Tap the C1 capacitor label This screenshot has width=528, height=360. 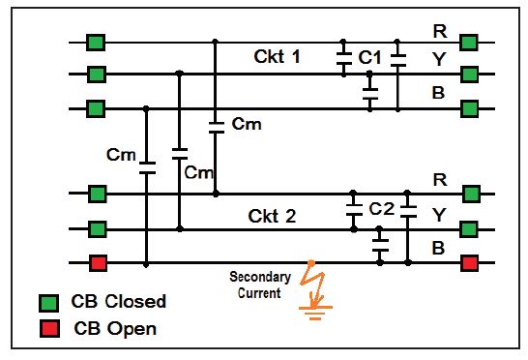(x=369, y=59)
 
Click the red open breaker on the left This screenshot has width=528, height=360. (x=97, y=263)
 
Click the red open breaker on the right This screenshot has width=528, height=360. (x=470, y=263)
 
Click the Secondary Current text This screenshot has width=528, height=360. (x=259, y=285)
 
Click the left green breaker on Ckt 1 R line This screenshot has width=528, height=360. (x=97, y=43)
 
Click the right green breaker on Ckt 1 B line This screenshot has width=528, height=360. (x=470, y=107)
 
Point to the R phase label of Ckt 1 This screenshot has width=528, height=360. (x=440, y=31)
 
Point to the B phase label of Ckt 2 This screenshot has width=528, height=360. (x=438, y=249)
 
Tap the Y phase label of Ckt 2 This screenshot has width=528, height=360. (x=440, y=216)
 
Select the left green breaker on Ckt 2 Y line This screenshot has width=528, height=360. (x=97, y=229)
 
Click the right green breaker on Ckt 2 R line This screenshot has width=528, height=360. (x=470, y=194)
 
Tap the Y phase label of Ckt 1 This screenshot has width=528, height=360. (x=440, y=60)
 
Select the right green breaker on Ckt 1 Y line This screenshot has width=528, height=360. (x=470, y=74)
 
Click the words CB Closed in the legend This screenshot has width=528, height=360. (x=120, y=302)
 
